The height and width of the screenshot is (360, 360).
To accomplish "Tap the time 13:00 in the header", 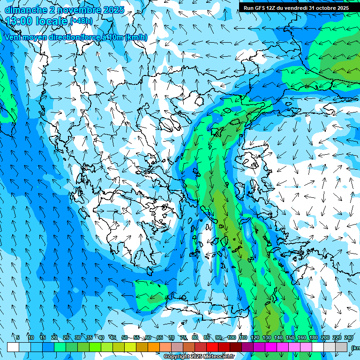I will tap(21, 21).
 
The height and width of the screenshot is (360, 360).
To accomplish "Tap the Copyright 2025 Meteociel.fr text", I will tap(199, 357).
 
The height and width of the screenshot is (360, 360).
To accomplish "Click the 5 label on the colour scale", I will tap(18, 338).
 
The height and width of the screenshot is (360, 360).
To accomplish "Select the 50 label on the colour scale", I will tap(125, 338).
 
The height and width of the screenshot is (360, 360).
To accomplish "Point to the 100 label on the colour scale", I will tap(231, 338).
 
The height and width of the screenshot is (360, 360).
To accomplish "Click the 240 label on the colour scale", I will tap(349, 338).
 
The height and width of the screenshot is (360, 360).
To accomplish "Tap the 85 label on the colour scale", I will tap(207, 338).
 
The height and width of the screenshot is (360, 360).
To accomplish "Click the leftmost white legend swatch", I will tap(13, 347).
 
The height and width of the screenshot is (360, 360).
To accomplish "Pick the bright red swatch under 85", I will tap(212, 347).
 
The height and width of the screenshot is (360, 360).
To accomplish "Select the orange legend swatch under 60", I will tap(154, 347).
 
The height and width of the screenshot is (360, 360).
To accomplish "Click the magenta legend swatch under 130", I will tap(271, 347).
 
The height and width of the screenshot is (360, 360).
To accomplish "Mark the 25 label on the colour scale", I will tap(66, 338).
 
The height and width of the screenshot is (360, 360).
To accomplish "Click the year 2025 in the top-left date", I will tap(114, 10).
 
